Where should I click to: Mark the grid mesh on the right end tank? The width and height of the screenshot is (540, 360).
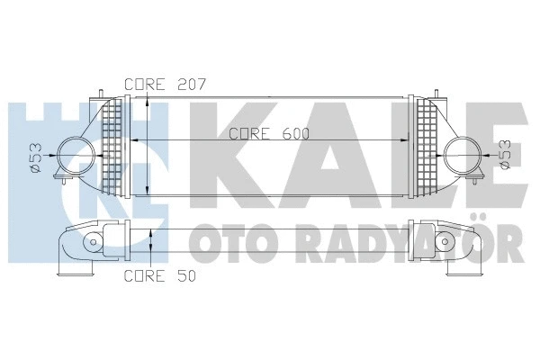click(423, 144)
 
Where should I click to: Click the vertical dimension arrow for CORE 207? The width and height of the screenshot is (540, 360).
click(147, 144)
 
